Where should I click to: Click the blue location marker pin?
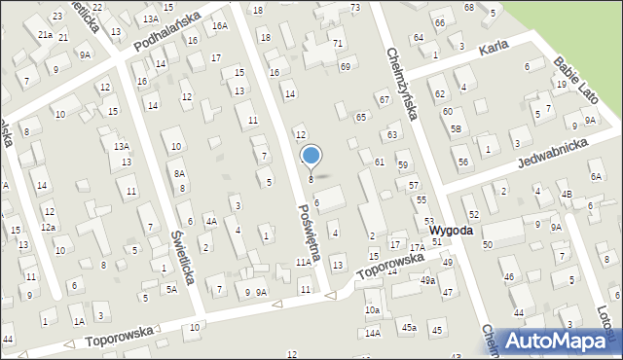[311, 156]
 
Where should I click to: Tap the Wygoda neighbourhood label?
[451, 231]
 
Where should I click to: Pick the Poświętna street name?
[311, 230]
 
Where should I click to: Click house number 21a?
[45, 33]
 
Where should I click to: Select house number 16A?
[220, 25]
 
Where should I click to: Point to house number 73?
[355, 7]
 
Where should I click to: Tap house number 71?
[338, 43]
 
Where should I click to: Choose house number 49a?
[428, 280]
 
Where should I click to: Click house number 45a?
[409, 328]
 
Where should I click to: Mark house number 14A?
[373, 333]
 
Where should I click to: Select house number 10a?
[372, 309]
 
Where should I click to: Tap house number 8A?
[179, 172]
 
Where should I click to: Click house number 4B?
[566, 194]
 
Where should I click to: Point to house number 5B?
[456, 129]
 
